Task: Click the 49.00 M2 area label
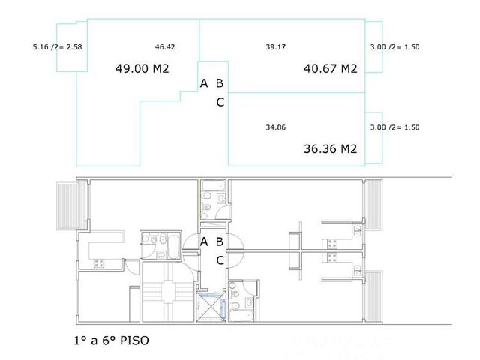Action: tap(142, 68)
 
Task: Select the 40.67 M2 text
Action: tap(330, 68)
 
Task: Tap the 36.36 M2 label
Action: tap(330, 149)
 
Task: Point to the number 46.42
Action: tap(165, 47)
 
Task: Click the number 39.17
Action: tap(275, 47)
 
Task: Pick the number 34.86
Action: tap(275, 127)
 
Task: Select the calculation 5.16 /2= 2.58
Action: tap(57, 47)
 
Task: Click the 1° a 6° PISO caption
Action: tap(112, 340)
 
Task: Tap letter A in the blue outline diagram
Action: tap(204, 83)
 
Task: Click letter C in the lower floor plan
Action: tap(220, 260)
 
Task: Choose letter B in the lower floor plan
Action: tap(220, 241)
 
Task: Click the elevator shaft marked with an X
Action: tap(211, 307)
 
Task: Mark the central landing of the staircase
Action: tap(168, 292)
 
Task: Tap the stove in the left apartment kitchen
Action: tap(99, 263)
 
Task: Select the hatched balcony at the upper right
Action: tap(373, 204)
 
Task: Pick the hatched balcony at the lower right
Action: tap(373, 296)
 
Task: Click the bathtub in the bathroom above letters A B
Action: tap(213, 185)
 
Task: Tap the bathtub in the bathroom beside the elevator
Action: tap(241, 315)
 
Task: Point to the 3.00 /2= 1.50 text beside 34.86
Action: tap(394, 127)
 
